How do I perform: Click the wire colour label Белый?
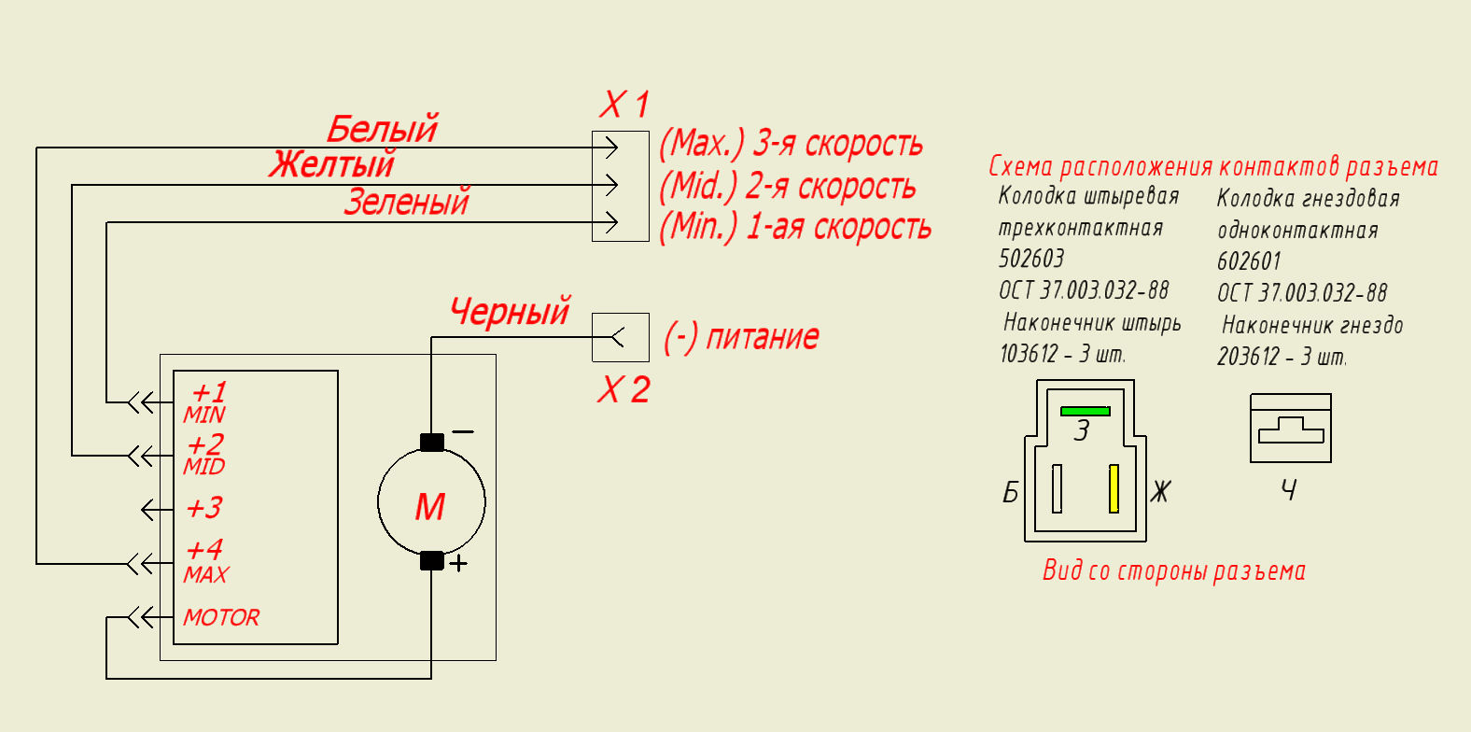382,129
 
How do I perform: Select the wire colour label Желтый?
332,164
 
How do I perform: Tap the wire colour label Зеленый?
407,202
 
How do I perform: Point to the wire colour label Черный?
510,311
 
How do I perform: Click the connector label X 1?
623,105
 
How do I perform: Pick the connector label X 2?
623,389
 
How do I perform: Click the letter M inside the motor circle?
431,507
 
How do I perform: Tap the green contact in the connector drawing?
1085,412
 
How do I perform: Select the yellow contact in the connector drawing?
1114,488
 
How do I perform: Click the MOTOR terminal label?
221,618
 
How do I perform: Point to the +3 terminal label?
204,508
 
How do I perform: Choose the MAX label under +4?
205,575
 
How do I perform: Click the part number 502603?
1031,259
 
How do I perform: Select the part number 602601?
1249,261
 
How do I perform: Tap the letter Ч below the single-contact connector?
1288,489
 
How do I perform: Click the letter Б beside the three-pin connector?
1011,492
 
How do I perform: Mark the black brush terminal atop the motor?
431,443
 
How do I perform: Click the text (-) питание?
741,338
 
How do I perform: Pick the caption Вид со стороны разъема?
1174,570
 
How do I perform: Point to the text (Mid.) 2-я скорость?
788,186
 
